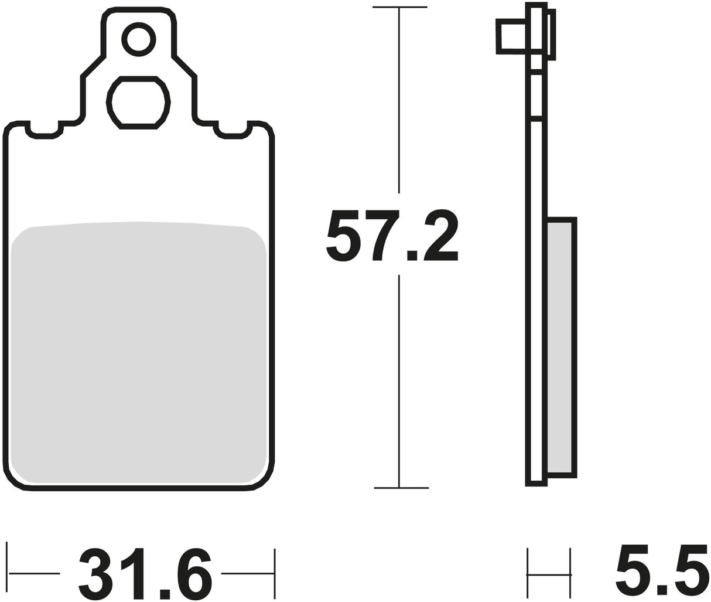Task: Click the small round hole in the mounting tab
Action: [139, 40]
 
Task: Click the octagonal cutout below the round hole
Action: [138, 103]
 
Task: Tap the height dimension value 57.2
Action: [392, 235]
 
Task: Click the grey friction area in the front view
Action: [139, 352]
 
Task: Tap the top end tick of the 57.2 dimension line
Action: [399, 7]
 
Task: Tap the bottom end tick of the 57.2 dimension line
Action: [401, 487]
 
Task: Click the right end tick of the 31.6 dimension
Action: [274, 573]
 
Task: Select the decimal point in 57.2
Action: [412, 256]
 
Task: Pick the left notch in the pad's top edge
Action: [44, 132]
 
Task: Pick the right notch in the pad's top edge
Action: [233, 132]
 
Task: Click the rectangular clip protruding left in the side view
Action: [511, 37]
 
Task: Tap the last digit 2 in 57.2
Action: [440, 235]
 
